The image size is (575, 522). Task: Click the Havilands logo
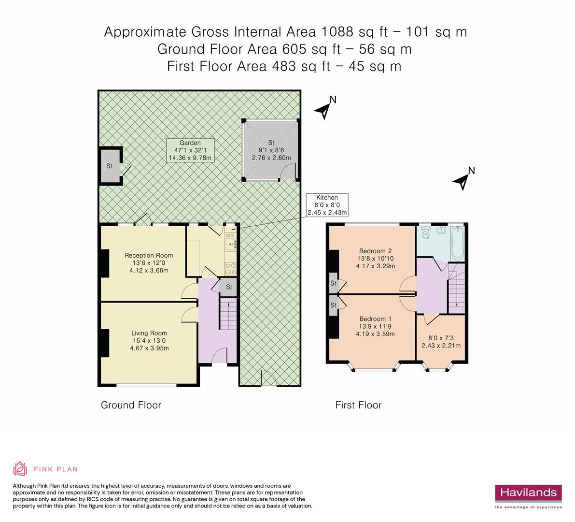point(528,496)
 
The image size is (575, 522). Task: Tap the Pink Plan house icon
point(20,468)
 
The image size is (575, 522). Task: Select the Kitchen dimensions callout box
point(327,205)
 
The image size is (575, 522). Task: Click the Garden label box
point(190,150)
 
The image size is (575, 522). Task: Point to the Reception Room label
point(149,263)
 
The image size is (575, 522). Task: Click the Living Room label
point(149,340)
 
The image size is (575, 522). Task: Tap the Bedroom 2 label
point(376,259)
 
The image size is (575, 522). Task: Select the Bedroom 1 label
point(375,326)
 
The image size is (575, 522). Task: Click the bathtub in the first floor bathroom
point(458,242)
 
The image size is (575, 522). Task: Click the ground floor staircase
point(228,314)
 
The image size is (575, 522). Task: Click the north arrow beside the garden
point(324,108)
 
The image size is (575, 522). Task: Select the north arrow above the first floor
point(463,179)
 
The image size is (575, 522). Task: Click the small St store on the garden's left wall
point(111,166)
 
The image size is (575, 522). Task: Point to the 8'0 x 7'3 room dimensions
point(441,342)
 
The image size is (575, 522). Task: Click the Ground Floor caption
point(131,405)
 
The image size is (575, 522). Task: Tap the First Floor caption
point(358,405)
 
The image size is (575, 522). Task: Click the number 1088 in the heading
point(337,32)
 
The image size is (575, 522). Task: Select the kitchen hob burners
point(230,269)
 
